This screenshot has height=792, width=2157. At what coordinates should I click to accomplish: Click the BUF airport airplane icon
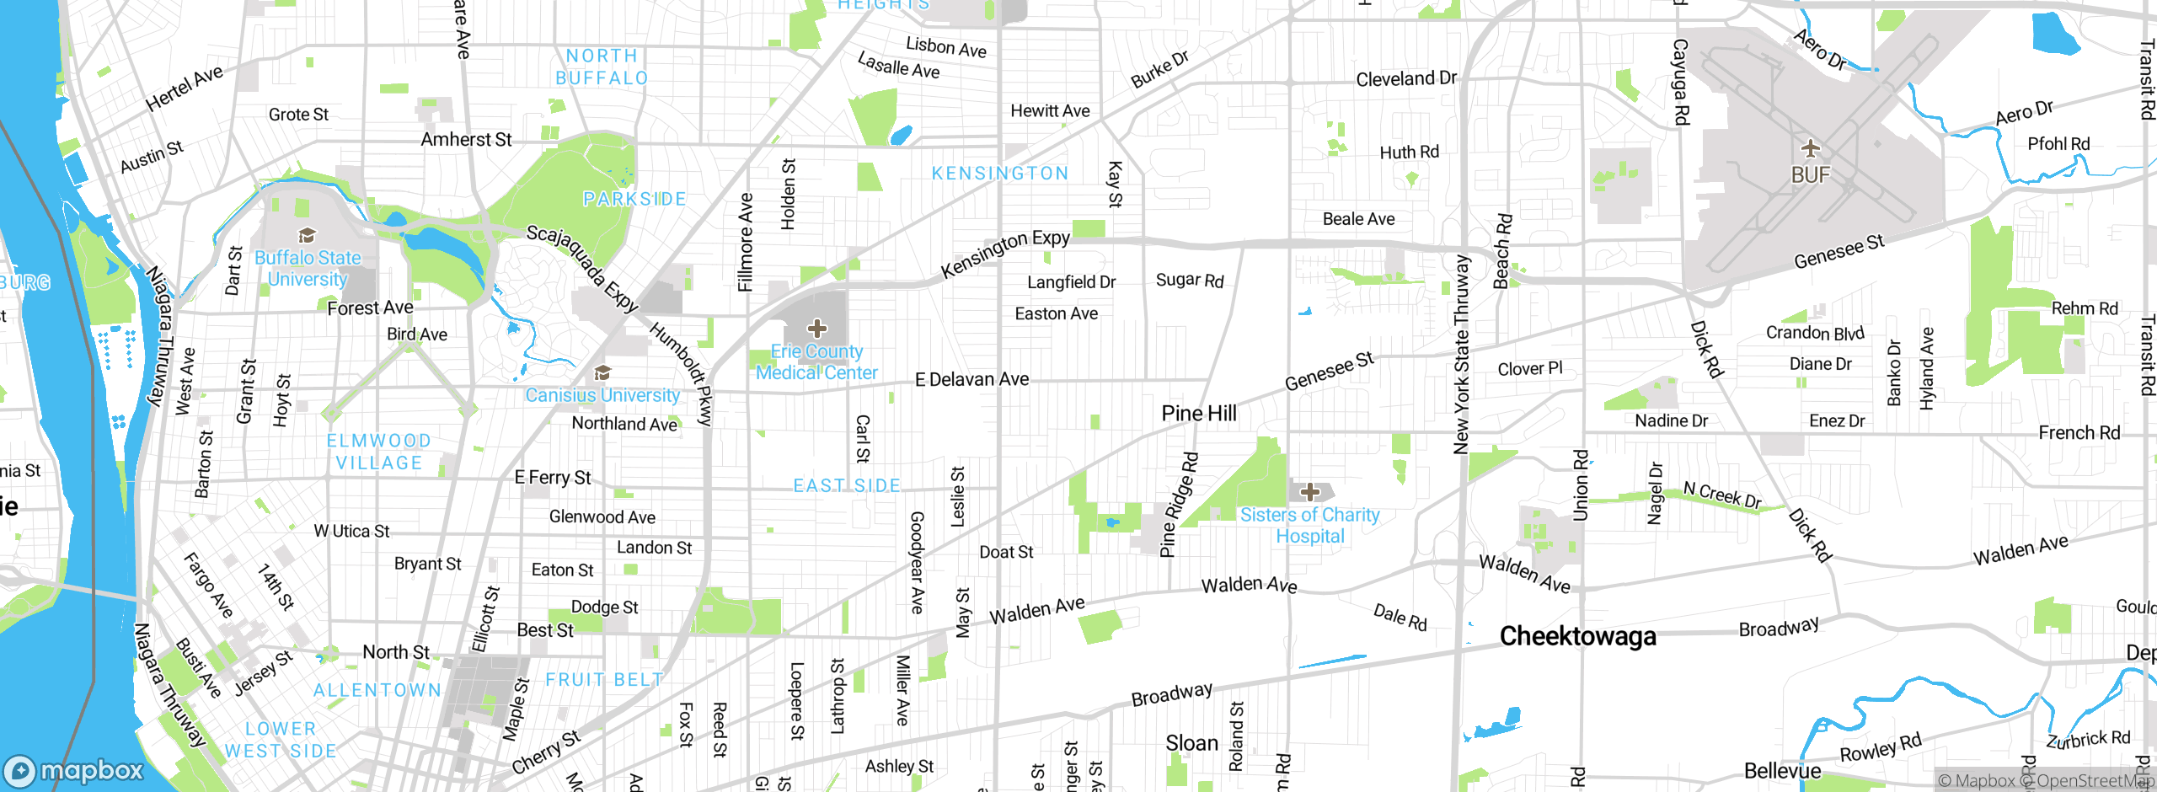point(1810,150)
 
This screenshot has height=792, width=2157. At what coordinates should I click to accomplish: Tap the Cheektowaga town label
point(1577,636)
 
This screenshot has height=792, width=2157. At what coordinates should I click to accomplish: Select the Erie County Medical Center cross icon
point(816,329)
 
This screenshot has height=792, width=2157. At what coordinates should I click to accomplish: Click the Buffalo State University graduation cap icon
point(307,236)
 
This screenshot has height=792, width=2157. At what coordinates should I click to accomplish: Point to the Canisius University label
point(602,395)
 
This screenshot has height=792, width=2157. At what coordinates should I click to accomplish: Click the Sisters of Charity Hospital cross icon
point(1309,492)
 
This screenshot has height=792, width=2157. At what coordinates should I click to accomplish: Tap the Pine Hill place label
point(1198,414)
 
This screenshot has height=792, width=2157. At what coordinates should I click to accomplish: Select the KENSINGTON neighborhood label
point(1000,174)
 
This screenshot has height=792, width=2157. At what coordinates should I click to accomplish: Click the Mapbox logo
point(74,770)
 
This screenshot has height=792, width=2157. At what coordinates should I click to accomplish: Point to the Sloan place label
point(1191,743)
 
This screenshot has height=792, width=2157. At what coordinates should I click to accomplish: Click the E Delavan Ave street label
point(971,380)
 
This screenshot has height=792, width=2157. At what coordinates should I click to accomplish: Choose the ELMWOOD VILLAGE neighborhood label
point(378,452)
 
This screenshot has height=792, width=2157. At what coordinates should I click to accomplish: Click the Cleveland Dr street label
point(1405,78)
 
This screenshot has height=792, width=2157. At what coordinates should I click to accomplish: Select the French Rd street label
point(2079,433)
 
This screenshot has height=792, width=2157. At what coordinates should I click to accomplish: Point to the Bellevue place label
point(1782,771)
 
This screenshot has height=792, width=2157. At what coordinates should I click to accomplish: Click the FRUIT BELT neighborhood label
point(604,679)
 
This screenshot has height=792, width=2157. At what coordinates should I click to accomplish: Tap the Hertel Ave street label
point(184,88)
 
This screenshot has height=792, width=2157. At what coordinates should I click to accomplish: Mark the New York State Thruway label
point(1462,354)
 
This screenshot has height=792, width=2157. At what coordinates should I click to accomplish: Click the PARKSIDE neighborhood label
point(634,199)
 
